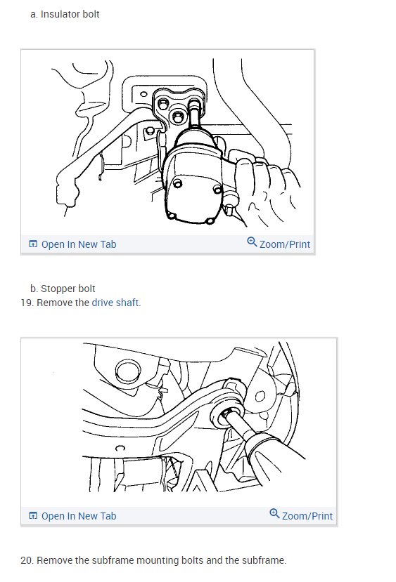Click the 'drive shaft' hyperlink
(116, 303)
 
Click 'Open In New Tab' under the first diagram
(79, 244)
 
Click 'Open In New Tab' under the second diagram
(79, 516)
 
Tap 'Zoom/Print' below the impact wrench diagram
(284, 244)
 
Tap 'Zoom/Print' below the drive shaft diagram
(307, 516)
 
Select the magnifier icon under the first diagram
(252, 242)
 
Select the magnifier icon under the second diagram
(274, 514)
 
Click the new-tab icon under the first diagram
(33, 244)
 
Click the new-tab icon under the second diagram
(33, 515)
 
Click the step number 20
(27, 560)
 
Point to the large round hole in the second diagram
(128, 371)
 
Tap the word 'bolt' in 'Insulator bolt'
(91, 14)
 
